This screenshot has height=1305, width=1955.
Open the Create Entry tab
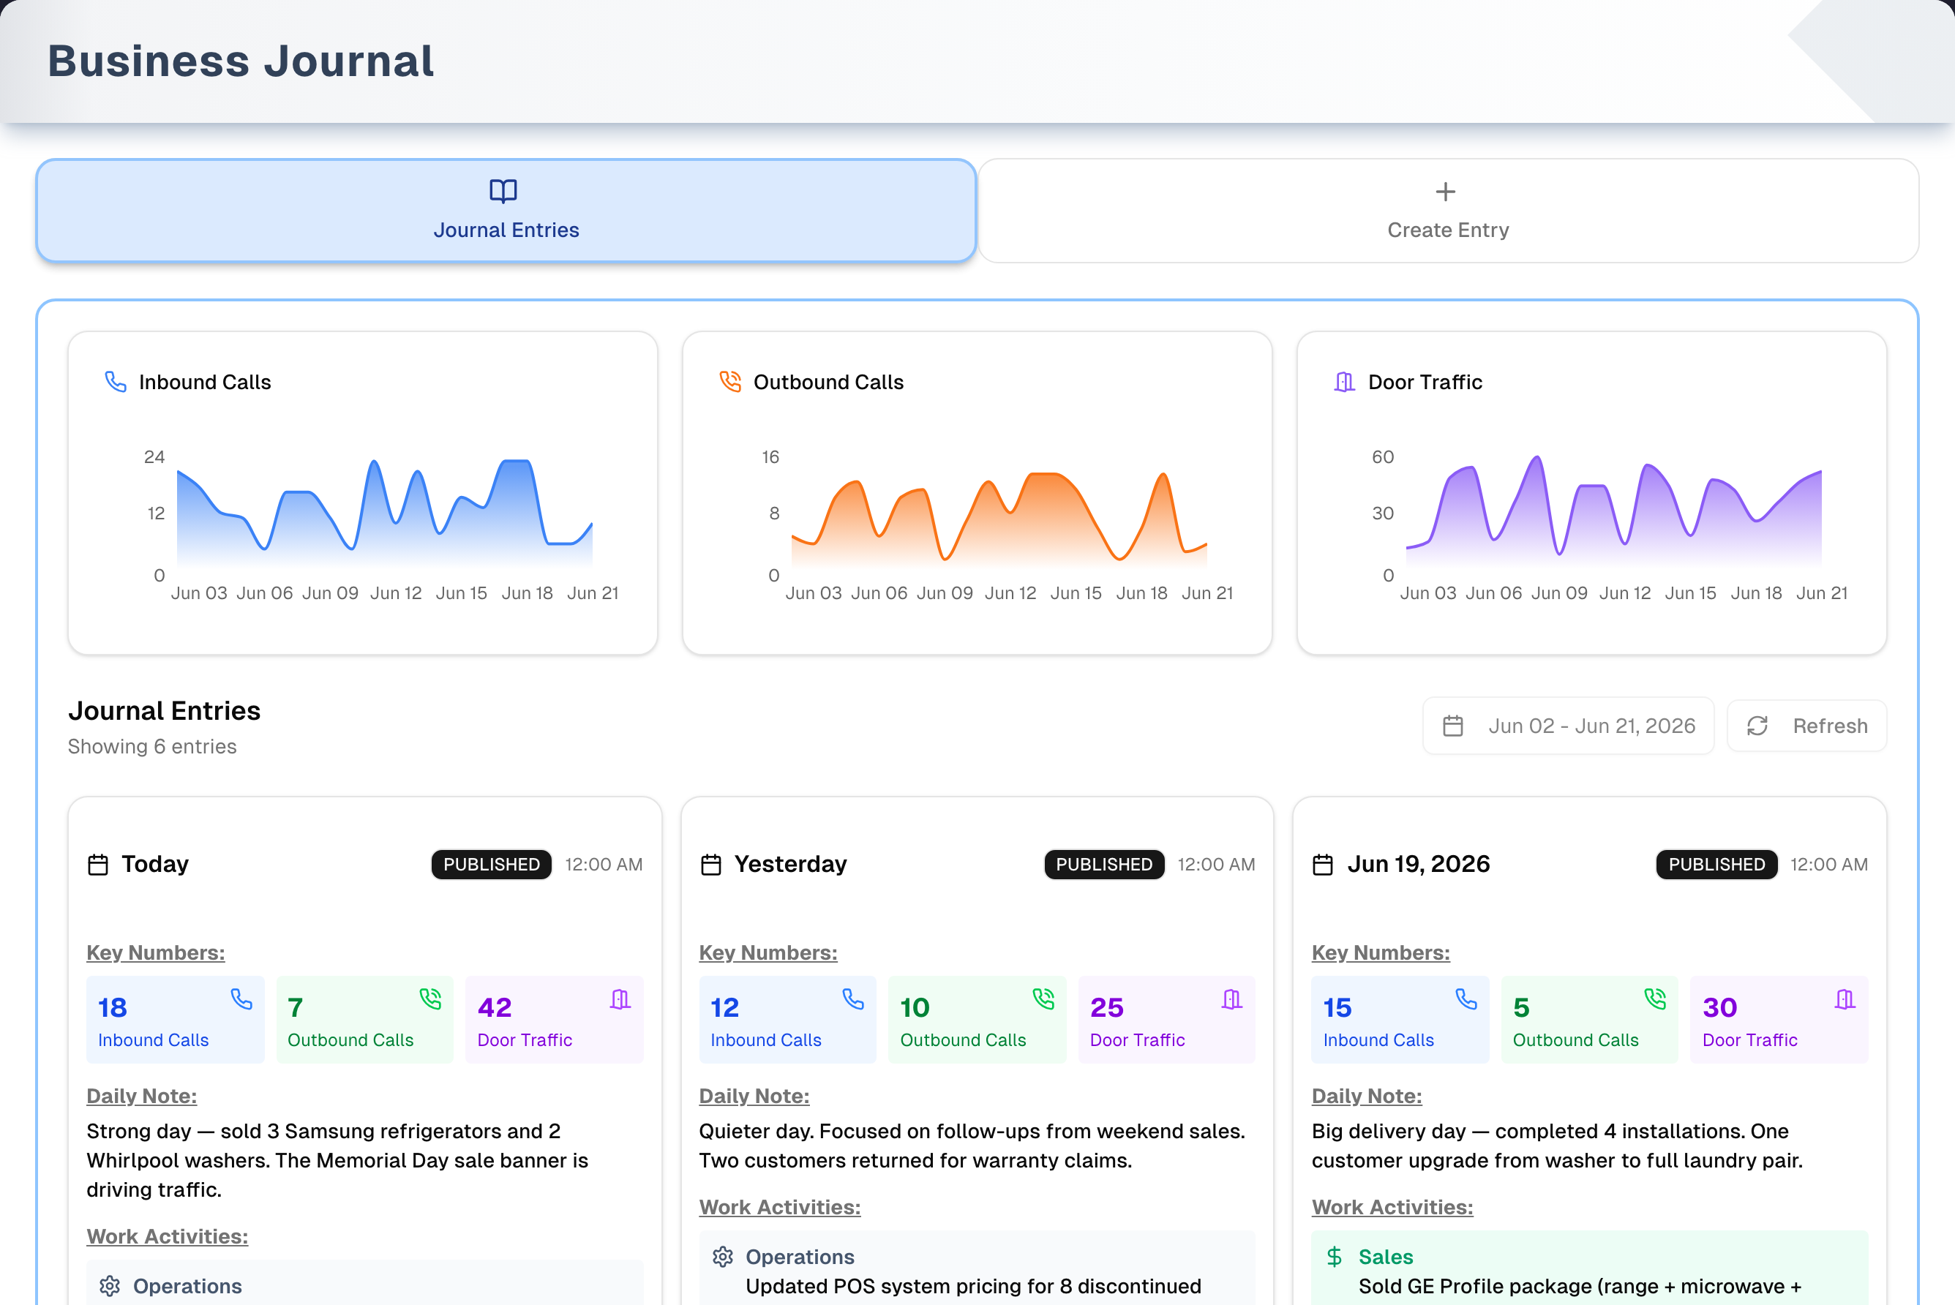tap(1448, 211)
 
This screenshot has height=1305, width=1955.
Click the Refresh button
tap(1807, 726)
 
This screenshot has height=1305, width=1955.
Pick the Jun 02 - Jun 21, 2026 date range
tap(1569, 726)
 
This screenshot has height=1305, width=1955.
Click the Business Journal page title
tap(241, 61)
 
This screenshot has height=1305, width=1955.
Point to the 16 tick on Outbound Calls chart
tap(770, 457)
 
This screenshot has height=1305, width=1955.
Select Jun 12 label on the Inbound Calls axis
tap(396, 593)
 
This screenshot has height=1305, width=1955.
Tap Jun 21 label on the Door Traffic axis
tap(1822, 593)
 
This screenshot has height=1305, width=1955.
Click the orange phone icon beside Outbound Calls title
tap(730, 381)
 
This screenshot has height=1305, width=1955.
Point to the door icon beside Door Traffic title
tap(1344, 381)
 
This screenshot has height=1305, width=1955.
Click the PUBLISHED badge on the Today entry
tap(491, 864)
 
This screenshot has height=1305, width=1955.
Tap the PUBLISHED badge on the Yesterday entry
tap(1103, 864)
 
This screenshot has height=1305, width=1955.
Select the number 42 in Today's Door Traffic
tap(495, 1007)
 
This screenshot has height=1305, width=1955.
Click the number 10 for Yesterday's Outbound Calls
tap(915, 1007)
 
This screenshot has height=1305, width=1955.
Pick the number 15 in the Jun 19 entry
tap(1337, 1007)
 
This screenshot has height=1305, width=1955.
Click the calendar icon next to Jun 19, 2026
tap(1322, 865)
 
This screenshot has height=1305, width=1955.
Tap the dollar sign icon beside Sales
tap(1334, 1257)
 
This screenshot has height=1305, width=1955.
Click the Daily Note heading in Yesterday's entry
tap(754, 1096)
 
